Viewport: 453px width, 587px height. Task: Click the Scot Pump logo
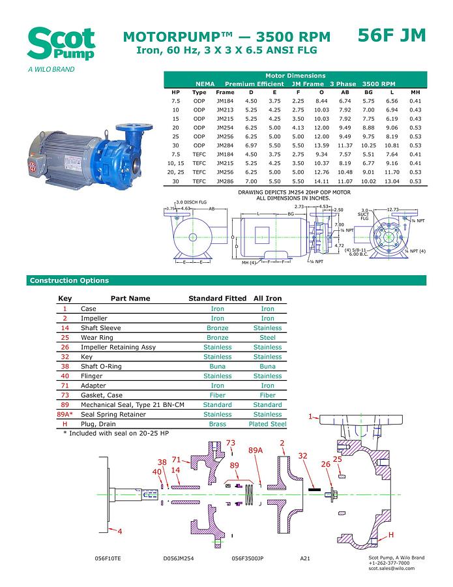click(x=61, y=44)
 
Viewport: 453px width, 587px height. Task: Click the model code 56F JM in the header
click(x=392, y=35)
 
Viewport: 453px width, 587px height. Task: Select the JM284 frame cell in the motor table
click(x=225, y=145)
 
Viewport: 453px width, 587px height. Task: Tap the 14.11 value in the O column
click(x=321, y=181)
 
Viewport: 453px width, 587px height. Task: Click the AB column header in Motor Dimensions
click(x=345, y=92)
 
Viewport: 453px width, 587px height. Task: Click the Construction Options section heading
click(x=69, y=280)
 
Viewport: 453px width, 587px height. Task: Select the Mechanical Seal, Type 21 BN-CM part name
click(x=132, y=405)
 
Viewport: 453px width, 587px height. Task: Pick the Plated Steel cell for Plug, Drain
click(x=267, y=424)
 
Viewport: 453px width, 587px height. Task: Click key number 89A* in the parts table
click(x=65, y=414)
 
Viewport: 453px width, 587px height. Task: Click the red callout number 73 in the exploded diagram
click(x=231, y=444)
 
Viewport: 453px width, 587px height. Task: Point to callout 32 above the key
click(x=302, y=456)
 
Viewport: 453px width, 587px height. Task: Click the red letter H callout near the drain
click(x=391, y=535)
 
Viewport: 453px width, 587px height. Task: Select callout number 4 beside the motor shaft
click(x=120, y=532)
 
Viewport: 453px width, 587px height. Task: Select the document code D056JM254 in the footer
click(x=179, y=559)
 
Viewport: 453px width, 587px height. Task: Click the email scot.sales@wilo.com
click(x=391, y=569)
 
